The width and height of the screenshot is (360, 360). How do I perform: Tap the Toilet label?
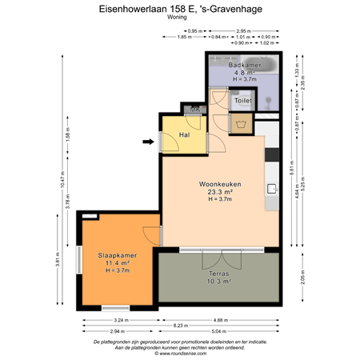click(242, 102)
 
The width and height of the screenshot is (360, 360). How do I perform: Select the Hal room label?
click(183, 135)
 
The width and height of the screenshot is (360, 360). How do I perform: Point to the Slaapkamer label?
click(117, 255)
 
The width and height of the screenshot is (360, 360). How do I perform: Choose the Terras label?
click(215, 273)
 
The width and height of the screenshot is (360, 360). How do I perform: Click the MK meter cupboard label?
click(194, 110)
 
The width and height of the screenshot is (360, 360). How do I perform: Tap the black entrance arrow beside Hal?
click(148, 142)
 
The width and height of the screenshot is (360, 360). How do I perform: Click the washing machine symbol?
click(242, 122)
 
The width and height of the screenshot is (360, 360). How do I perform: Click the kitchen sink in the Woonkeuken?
click(272, 189)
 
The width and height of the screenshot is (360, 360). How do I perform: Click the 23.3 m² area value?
click(220, 192)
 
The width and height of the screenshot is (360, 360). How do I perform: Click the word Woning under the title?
click(179, 16)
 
